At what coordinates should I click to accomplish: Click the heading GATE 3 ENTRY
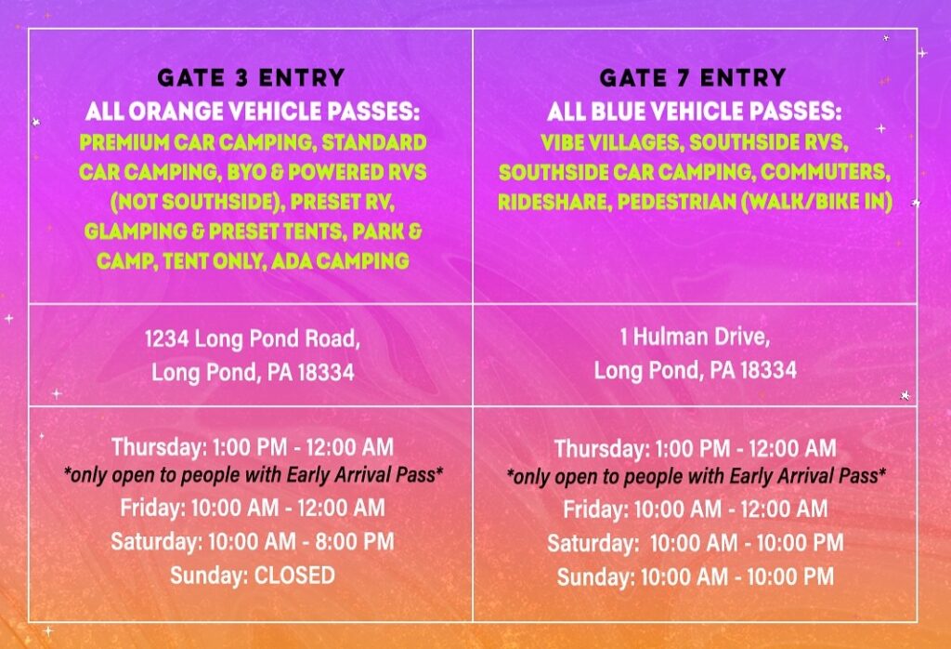pos(251,78)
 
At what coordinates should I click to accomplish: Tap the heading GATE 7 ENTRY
pos(693,78)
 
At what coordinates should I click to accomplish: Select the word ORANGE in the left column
pos(176,111)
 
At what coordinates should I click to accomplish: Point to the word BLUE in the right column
pos(614,111)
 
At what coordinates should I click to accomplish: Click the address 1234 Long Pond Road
pos(253,339)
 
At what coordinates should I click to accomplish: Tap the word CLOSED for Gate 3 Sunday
pos(294,575)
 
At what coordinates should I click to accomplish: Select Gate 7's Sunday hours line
pos(695,576)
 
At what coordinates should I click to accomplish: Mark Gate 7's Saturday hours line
pos(695,542)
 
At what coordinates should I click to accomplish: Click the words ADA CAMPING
pos(340,261)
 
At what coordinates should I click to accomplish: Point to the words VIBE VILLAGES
pos(611,142)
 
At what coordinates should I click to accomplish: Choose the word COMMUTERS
pos(825,172)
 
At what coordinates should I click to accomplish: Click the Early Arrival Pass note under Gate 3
pos(254,475)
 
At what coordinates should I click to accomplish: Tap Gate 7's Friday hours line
pos(695,509)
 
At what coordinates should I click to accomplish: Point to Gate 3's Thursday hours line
pos(253,447)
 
